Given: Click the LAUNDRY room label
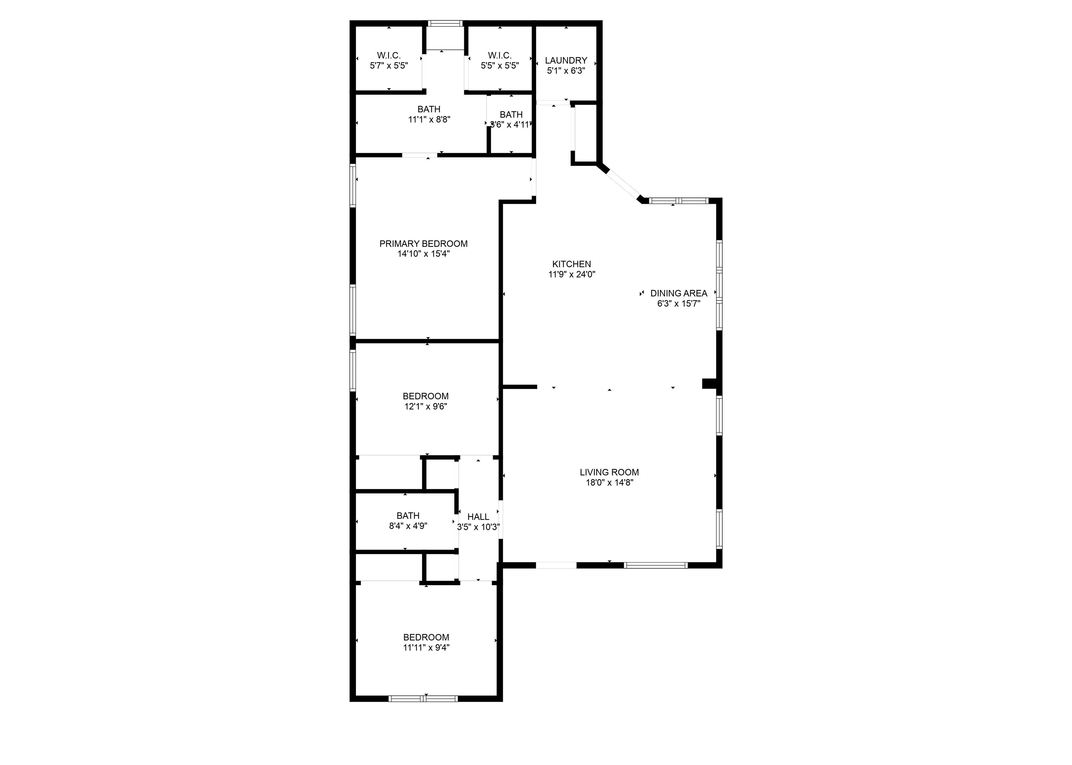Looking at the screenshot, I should click(x=566, y=60).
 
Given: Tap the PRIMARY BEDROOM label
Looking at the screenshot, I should click(x=423, y=244).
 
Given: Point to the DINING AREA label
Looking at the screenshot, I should click(x=678, y=293).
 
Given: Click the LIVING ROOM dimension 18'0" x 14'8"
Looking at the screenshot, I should click(x=609, y=482).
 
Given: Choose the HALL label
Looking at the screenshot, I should click(x=478, y=517).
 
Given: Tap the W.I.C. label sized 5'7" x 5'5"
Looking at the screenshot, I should click(x=389, y=55).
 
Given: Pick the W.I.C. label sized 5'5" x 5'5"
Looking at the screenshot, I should click(x=499, y=55).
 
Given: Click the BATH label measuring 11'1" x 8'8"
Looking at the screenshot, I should click(x=429, y=109).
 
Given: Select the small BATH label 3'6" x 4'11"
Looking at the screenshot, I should click(x=511, y=114).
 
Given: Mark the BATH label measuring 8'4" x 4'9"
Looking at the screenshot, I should click(x=408, y=516).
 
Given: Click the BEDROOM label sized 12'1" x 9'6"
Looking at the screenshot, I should click(x=425, y=396).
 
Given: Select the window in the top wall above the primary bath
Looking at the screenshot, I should click(x=445, y=23).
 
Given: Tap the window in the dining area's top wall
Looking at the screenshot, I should click(x=678, y=201).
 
